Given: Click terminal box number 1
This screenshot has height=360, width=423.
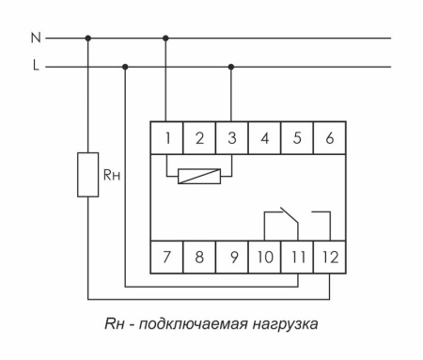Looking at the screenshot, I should (166, 138).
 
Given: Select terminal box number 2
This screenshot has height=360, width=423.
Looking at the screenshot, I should (199, 138).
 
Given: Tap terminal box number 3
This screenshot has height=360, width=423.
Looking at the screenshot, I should (231, 138).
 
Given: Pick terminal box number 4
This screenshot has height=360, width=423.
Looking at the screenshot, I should (264, 138).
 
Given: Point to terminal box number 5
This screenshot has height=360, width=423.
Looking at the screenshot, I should (297, 138).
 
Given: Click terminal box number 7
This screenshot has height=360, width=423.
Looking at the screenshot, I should (166, 256).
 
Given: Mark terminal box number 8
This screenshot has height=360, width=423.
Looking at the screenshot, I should (199, 256).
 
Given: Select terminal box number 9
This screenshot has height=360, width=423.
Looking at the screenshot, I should (231, 256).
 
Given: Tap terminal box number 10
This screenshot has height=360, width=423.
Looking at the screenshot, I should (264, 256).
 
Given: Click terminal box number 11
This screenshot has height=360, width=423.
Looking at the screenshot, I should (297, 256).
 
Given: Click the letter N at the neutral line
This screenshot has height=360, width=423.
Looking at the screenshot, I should (36, 39).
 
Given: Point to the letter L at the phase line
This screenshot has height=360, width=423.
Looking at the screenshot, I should (36, 67).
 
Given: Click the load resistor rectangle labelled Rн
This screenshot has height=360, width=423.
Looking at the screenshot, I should (88, 175).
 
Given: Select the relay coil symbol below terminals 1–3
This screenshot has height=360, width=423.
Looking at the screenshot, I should (199, 175).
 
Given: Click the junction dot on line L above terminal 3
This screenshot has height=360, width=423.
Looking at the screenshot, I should (231, 67).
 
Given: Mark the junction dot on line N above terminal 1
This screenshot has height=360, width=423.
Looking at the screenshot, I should (166, 39).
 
